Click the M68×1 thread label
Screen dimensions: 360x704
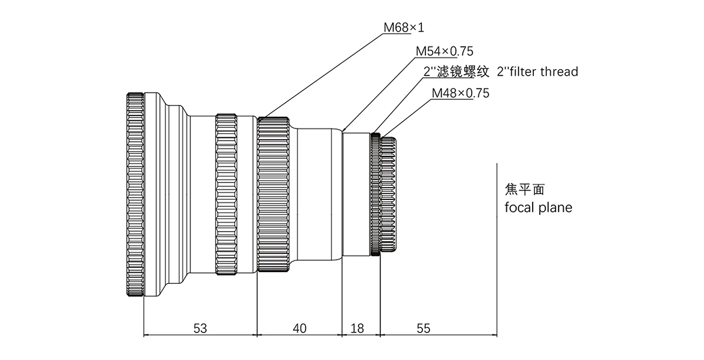pyautogui.click(x=404, y=28)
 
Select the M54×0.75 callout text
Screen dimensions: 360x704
pyautogui.click(x=444, y=51)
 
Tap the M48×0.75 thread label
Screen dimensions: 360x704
pyautogui.click(x=460, y=93)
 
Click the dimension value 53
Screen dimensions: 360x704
pyautogui.click(x=201, y=328)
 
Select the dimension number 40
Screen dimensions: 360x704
pyautogui.click(x=299, y=328)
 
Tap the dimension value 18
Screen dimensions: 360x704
pyautogui.click(x=357, y=328)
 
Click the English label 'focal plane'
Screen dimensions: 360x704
pyautogui.click(x=538, y=208)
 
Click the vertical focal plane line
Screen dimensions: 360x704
pyautogui.click(x=497, y=246)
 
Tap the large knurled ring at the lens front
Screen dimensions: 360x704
pyautogui.click(x=135, y=195)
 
